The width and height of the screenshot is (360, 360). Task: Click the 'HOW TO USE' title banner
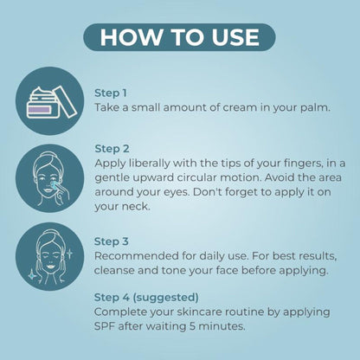[x=179, y=37]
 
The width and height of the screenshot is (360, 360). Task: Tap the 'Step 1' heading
[x=111, y=93]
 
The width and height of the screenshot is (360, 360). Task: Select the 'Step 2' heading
[x=112, y=149]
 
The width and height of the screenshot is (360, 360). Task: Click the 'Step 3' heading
[x=112, y=241]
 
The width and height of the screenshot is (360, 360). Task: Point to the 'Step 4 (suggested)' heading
[x=146, y=298]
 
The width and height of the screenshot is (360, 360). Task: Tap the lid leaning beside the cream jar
[x=66, y=101]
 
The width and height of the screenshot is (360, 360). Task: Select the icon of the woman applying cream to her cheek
[x=49, y=178]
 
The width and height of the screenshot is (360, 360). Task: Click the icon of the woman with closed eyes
[x=49, y=256]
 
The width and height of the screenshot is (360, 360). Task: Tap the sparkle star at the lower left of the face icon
[x=32, y=274]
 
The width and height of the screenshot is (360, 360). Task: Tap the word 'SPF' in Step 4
[x=105, y=326]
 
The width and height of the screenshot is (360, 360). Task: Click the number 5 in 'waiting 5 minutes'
[x=193, y=326]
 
